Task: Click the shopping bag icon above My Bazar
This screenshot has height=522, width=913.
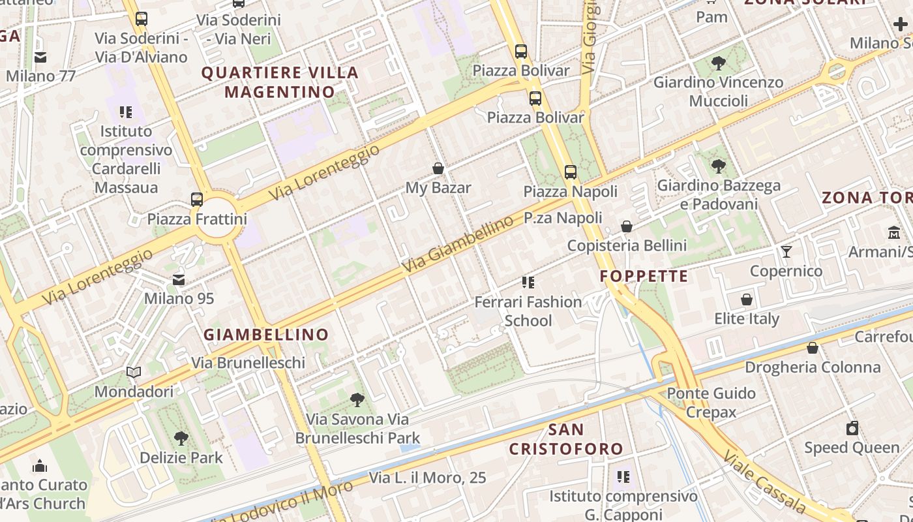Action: (x=438, y=168)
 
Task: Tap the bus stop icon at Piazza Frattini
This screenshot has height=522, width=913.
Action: (x=197, y=199)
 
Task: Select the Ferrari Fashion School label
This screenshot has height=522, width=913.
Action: (x=528, y=311)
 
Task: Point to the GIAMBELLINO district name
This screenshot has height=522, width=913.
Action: (x=266, y=335)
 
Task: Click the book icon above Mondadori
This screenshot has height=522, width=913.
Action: (x=134, y=372)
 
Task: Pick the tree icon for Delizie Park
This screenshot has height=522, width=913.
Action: (x=181, y=438)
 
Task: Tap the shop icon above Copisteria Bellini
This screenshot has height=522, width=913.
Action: (x=627, y=226)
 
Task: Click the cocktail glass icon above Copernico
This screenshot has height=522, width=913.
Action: (x=786, y=251)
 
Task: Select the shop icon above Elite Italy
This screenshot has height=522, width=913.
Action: (x=747, y=299)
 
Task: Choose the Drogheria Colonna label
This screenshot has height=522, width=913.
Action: (x=813, y=367)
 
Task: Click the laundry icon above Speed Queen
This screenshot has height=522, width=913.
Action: (x=852, y=428)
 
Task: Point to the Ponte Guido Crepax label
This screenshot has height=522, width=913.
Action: (x=711, y=403)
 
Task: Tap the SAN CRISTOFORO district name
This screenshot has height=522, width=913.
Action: (x=566, y=439)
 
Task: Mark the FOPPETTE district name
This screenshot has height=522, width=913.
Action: (x=644, y=277)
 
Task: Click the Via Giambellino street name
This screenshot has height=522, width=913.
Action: (x=458, y=245)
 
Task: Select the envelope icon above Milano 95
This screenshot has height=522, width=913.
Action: (x=179, y=279)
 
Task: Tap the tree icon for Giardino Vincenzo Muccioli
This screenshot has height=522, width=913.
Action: (x=718, y=63)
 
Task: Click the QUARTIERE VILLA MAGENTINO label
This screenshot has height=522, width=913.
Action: (x=280, y=82)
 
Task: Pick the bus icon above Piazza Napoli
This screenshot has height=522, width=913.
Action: (x=571, y=172)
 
